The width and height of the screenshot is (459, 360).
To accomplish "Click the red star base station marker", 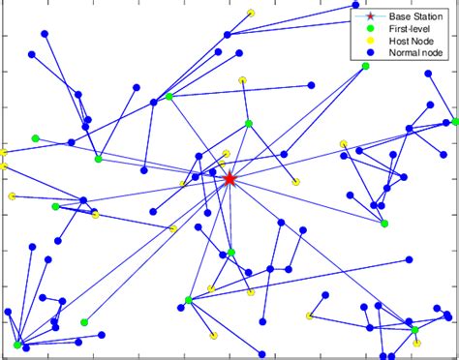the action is click(x=229, y=179).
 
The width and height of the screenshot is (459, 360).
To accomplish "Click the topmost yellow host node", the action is click(x=251, y=13).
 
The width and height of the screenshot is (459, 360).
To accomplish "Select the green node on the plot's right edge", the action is click(x=455, y=122).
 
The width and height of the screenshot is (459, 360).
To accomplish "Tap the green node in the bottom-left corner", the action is click(x=17, y=344).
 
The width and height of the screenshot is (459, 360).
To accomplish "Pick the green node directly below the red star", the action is click(x=230, y=253).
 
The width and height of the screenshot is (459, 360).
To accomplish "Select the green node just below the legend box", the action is click(x=366, y=66).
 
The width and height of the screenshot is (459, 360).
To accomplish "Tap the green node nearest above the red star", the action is click(x=249, y=123).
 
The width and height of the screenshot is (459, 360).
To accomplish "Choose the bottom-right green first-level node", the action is click(x=414, y=330).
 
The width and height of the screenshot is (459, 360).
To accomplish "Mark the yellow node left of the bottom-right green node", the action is click(x=309, y=315).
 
